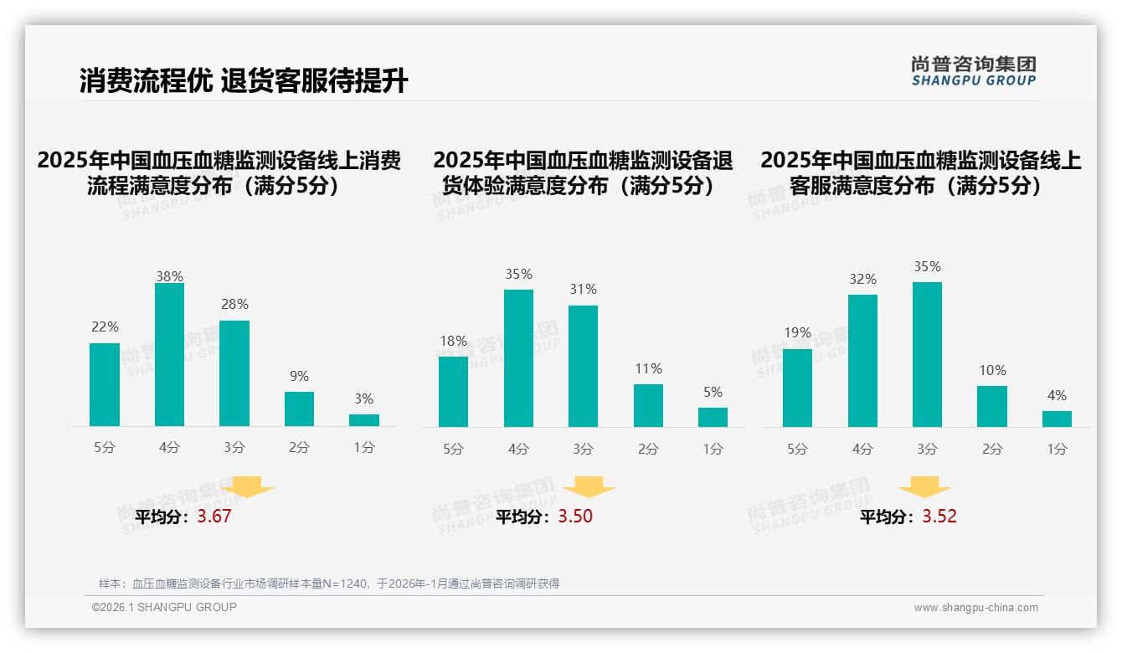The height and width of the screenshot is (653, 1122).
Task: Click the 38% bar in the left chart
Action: [x=169, y=354]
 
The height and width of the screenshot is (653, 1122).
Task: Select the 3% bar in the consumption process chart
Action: [x=364, y=420]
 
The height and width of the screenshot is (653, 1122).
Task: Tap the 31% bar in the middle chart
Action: [x=583, y=366]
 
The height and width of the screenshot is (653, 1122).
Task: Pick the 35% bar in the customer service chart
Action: [x=927, y=354]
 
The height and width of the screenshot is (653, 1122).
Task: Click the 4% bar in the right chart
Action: [x=1057, y=419]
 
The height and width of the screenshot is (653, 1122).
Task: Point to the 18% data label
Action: [x=453, y=341]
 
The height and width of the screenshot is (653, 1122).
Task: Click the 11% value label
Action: [x=648, y=368]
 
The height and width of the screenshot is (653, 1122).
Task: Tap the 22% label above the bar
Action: [x=105, y=326]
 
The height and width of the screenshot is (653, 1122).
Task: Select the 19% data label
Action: [x=797, y=332]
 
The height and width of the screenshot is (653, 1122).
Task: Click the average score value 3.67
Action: [x=214, y=516]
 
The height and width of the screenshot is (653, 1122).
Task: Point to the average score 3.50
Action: [x=575, y=516]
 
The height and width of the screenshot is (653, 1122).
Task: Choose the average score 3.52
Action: [x=939, y=516]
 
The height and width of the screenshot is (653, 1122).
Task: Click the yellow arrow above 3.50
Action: [x=589, y=486]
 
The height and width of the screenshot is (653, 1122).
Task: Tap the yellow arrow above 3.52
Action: [x=924, y=486]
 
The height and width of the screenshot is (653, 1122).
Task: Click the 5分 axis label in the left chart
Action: [x=105, y=447]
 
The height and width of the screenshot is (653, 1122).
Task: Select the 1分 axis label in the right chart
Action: [x=1057, y=449]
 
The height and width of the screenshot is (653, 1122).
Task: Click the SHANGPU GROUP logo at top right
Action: [x=973, y=71]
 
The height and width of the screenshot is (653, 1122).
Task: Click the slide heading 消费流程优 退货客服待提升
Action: [x=244, y=81]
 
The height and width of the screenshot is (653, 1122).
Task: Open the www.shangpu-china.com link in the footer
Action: [x=975, y=608]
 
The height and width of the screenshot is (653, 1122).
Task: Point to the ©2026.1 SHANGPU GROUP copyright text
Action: [x=164, y=607]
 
